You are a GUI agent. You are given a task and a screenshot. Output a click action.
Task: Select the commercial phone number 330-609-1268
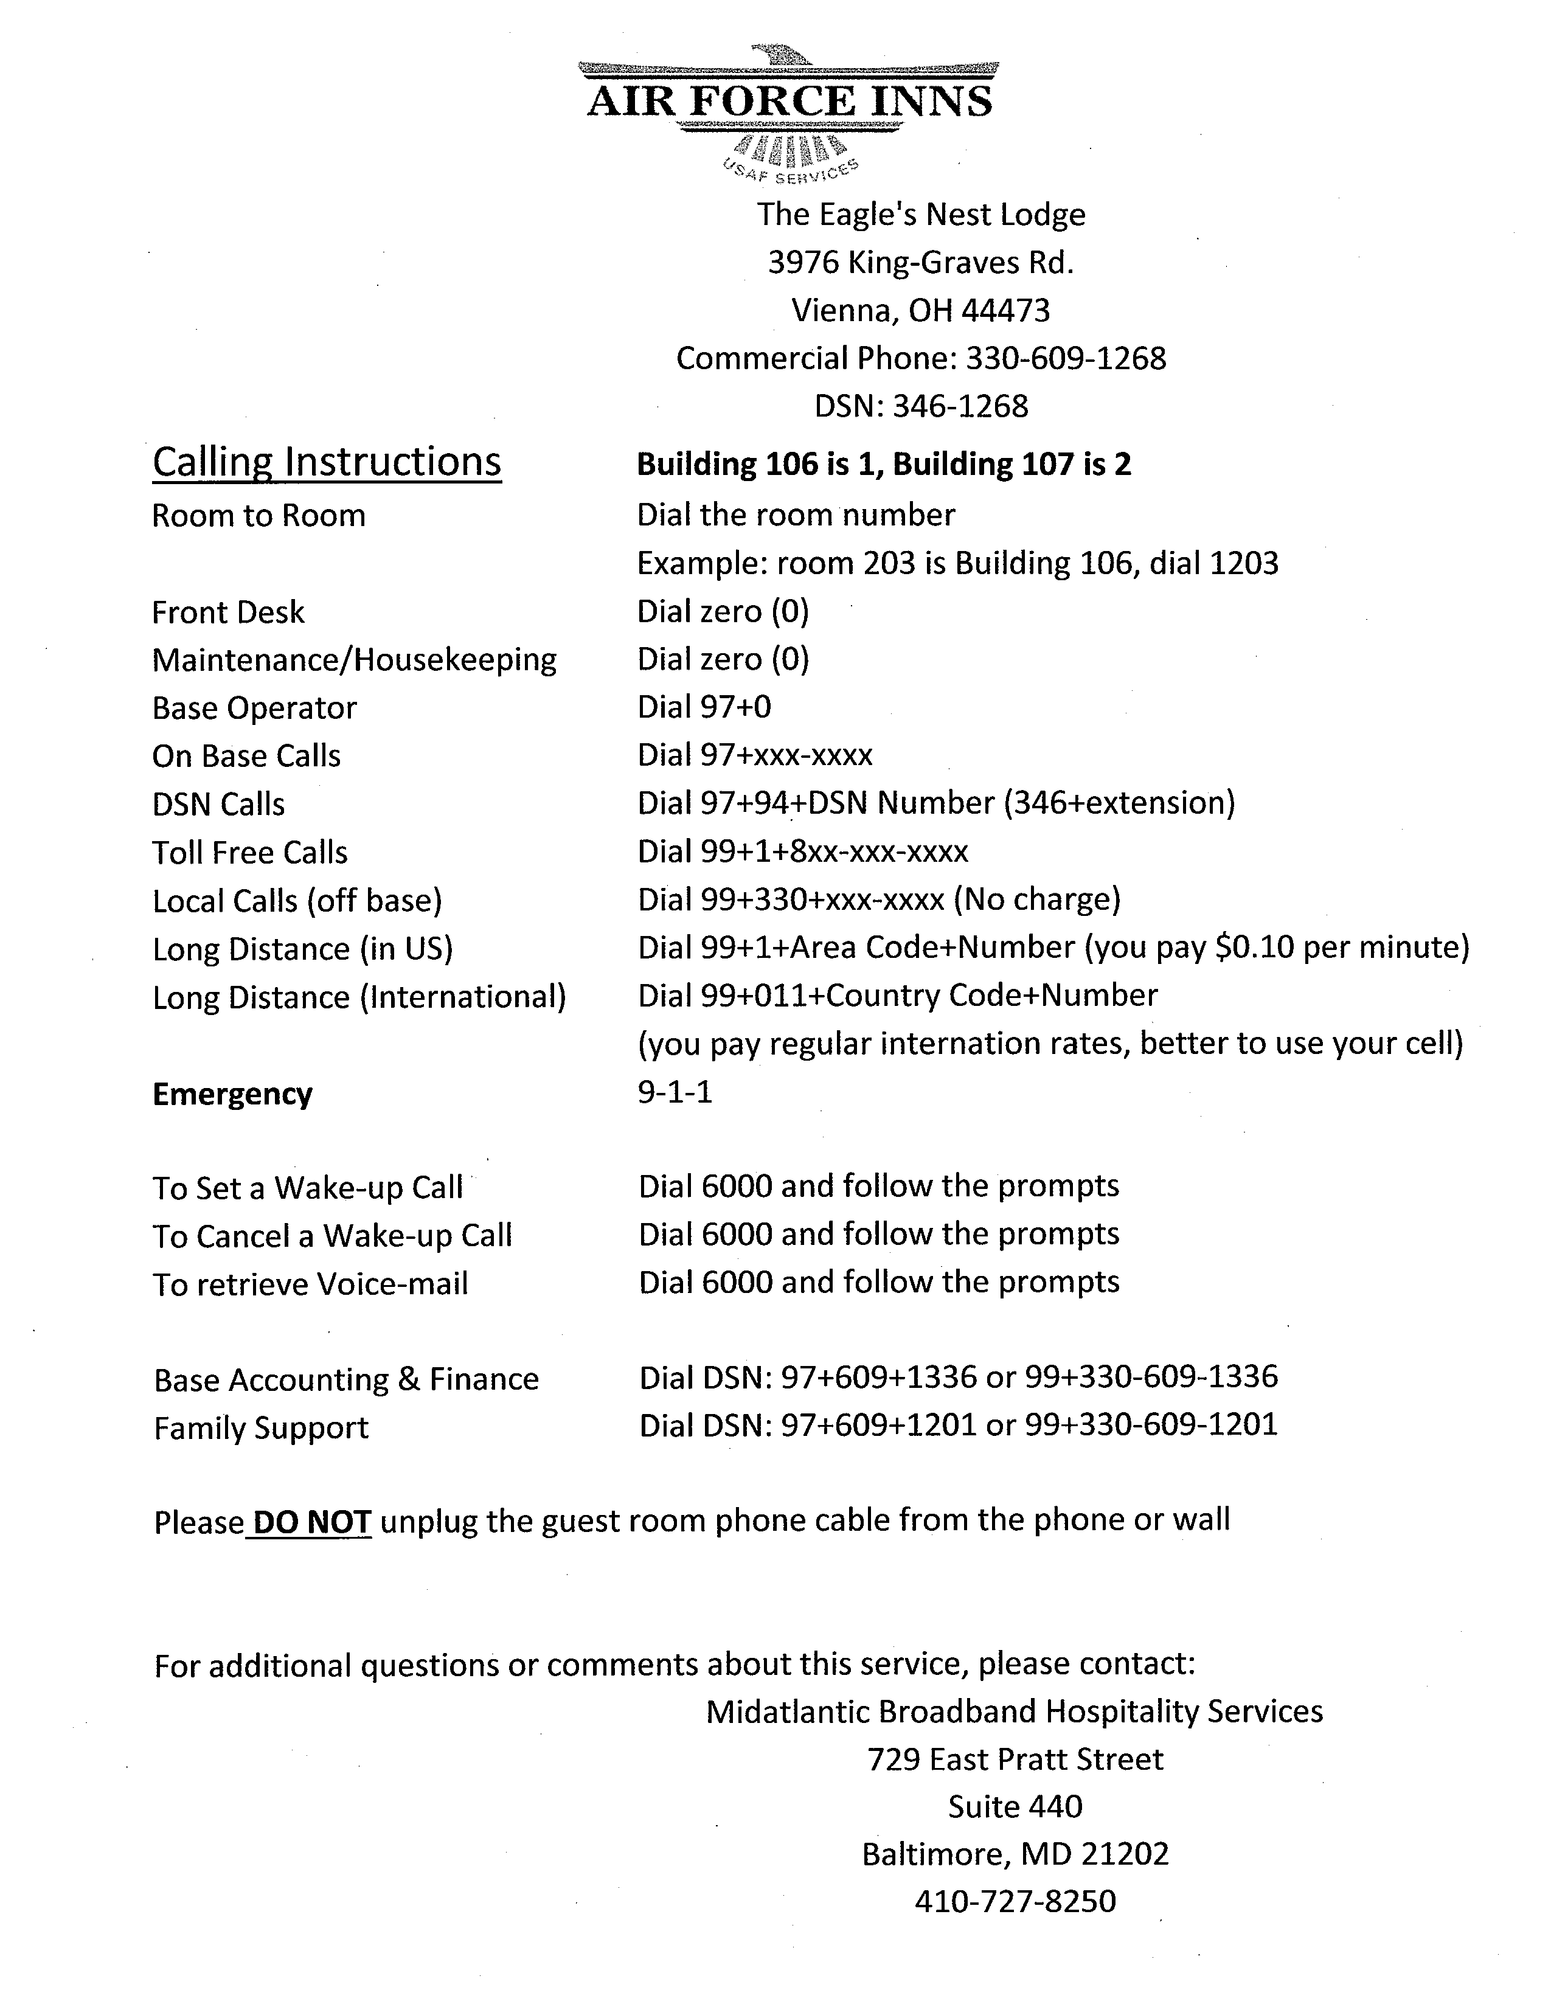(1066, 358)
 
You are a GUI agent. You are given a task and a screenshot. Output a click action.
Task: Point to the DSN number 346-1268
(960, 406)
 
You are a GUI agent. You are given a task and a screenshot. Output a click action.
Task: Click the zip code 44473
(1005, 311)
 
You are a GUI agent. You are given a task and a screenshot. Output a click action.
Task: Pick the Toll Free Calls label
(250, 853)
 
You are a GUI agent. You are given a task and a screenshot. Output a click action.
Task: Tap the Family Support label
(261, 1428)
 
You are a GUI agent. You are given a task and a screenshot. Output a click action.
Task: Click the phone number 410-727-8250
(1015, 1901)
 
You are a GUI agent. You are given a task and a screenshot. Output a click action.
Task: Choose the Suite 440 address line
(1015, 1807)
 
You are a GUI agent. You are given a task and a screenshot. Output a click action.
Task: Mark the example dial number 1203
(1243, 563)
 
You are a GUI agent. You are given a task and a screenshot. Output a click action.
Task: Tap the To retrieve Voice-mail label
(311, 1284)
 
